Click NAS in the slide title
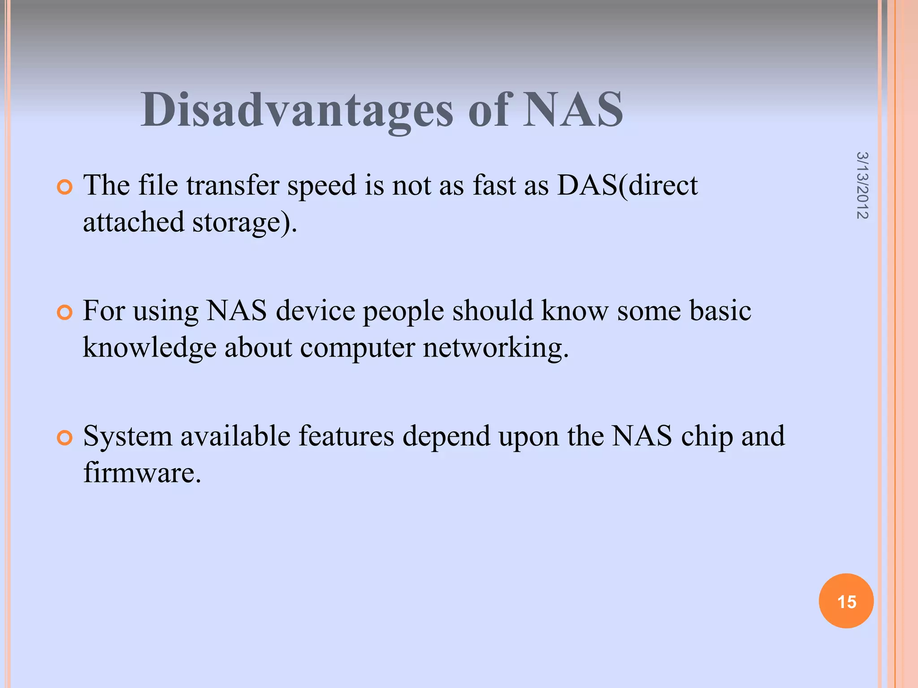pos(573,110)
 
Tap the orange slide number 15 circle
pos(846,601)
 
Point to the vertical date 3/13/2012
pos(862,185)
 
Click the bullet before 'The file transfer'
pos(65,187)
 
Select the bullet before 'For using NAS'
pos(65,313)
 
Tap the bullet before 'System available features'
pos(65,438)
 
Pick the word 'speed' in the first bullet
pos(321,186)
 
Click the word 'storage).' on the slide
pos(245,223)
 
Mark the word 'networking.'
pos(496,348)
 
